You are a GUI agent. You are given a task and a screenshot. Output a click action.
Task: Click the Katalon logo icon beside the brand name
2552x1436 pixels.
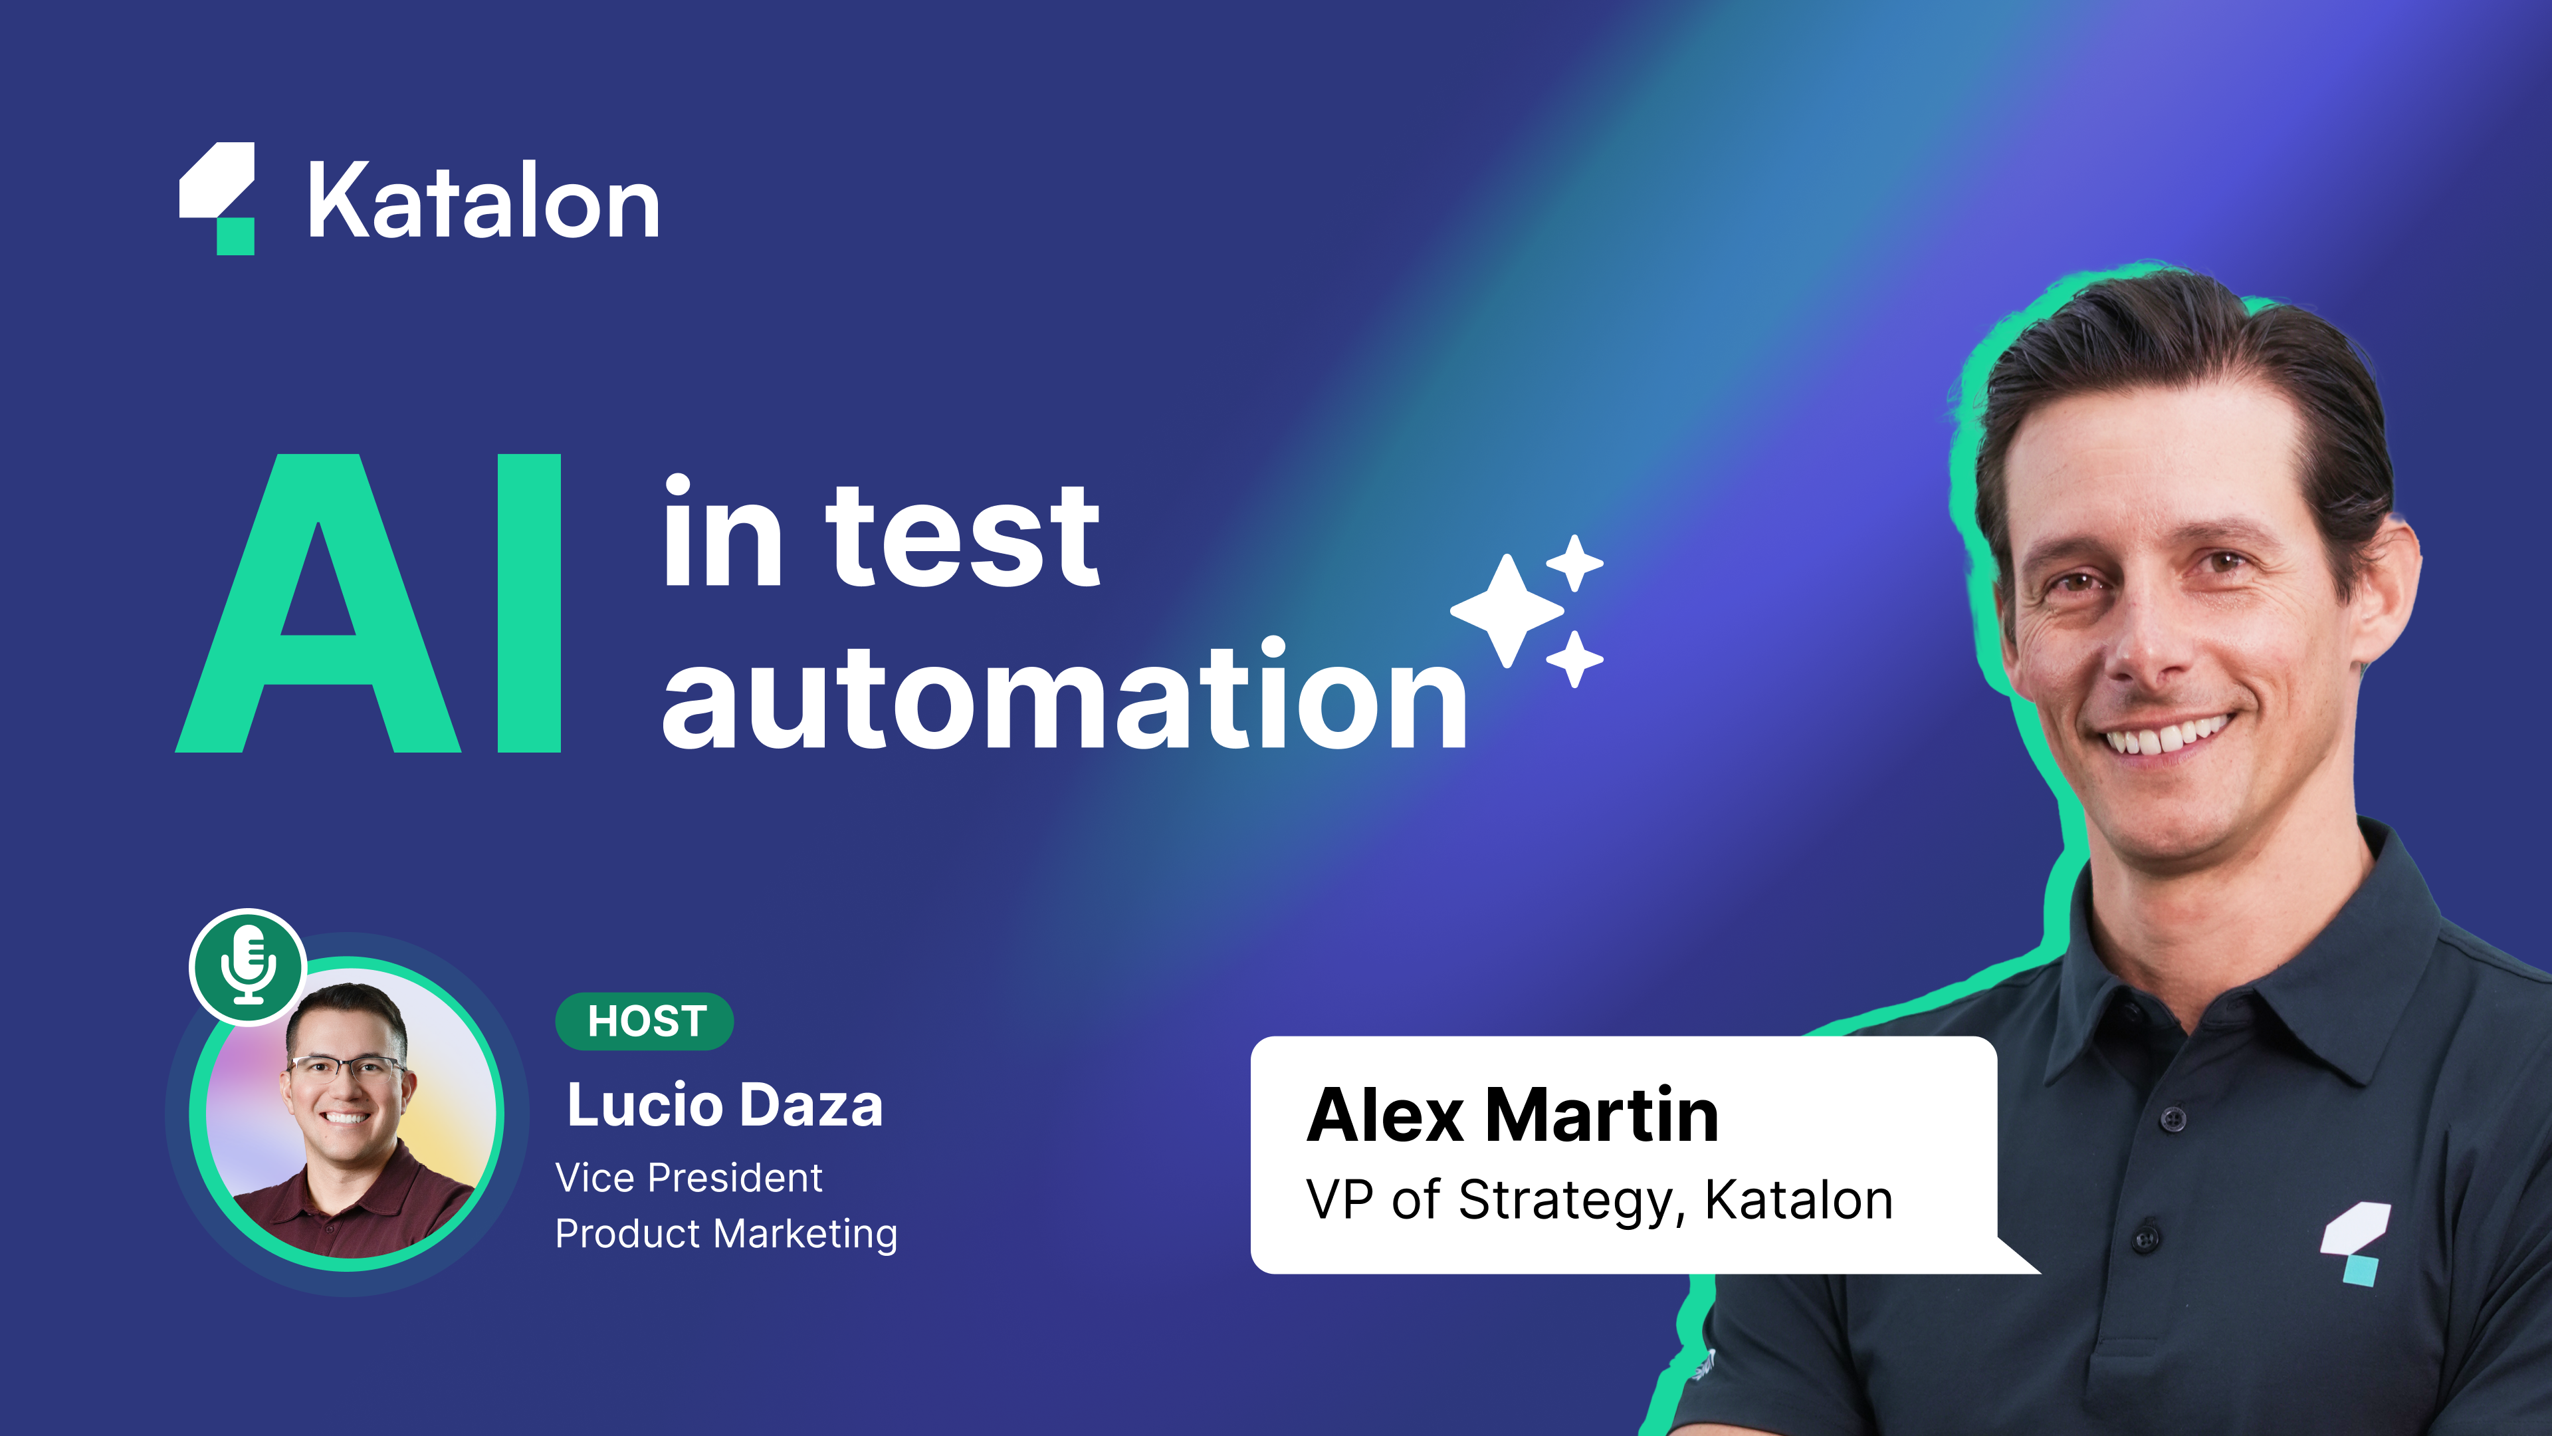click(217, 198)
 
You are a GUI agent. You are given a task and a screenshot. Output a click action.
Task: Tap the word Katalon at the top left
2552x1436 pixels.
click(483, 201)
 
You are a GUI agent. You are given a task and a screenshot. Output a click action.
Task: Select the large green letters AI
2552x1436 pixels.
click(369, 602)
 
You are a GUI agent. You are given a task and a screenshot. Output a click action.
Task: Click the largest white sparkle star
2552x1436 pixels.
click(1507, 610)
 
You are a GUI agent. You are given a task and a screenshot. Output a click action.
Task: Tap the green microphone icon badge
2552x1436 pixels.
click(248, 966)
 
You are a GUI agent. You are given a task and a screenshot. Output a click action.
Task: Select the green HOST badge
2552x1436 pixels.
click(645, 1020)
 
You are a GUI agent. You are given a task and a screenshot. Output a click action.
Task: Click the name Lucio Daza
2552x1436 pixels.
click(724, 1105)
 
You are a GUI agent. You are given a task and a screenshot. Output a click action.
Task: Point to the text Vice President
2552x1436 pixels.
click(689, 1177)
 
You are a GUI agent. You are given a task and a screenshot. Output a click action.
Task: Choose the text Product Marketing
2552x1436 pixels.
click(726, 1234)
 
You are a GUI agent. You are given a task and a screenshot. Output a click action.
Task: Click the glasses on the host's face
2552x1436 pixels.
click(347, 1068)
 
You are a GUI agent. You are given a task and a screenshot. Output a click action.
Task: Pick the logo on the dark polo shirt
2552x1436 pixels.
click(2356, 1244)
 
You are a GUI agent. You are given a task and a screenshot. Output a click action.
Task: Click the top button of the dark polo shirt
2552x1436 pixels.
click(2173, 1120)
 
